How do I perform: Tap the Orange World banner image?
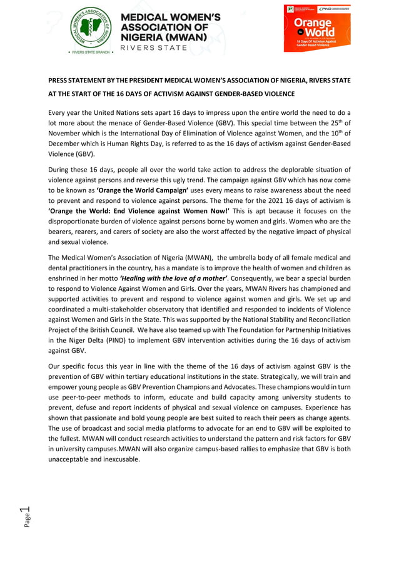[317, 28]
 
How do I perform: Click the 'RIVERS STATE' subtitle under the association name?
[153, 48]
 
